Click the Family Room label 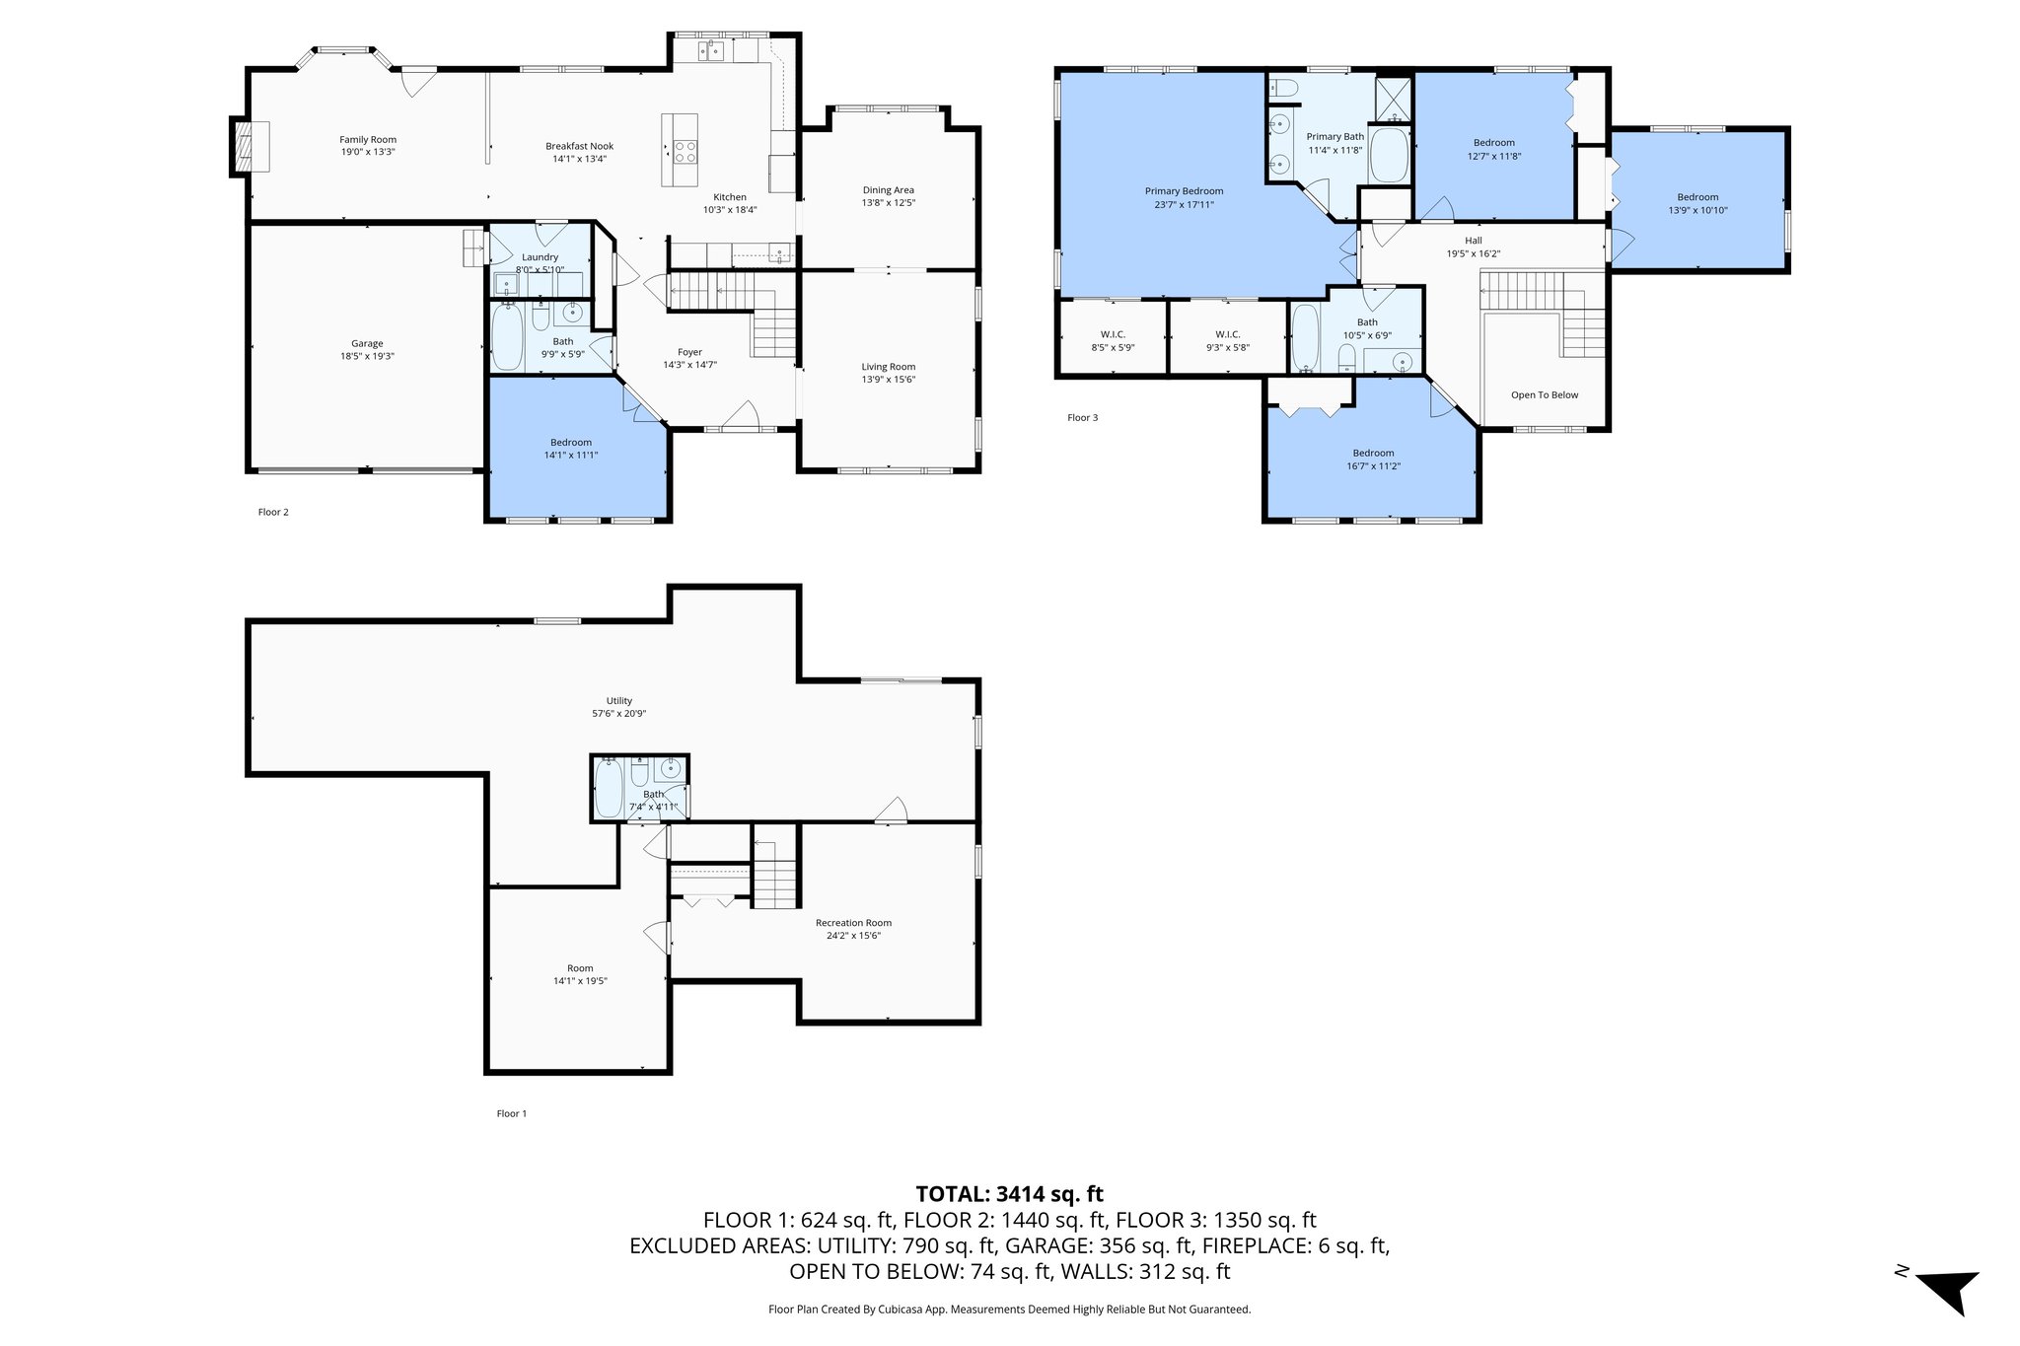(x=368, y=140)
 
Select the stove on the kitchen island (x=684, y=152)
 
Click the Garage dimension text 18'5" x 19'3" (x=367, y=356)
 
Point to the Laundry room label (x=540, y=257)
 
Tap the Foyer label (x=689, y=352)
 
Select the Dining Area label (x=888, y=190)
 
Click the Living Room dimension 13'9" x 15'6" (x=888, y=379)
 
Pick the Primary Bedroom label (x=1184, y=191)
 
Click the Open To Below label (x=1544, y=395)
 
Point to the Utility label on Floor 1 (x=618, y=701)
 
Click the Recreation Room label (x=853, y=923)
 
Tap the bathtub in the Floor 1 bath (x=609, y=788)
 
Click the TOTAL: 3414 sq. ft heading (x=1009, y=1194)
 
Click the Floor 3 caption (x=1082, y=418)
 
